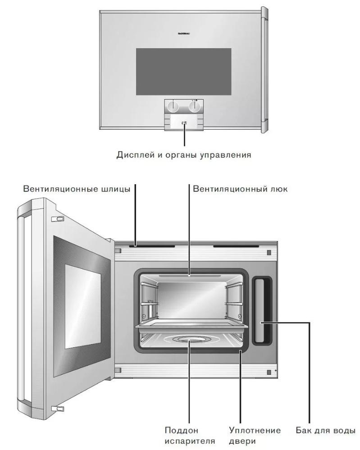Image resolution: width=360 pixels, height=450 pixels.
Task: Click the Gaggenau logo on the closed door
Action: [x=183, y=33]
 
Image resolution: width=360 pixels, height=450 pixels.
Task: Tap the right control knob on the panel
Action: [x=194, y=106]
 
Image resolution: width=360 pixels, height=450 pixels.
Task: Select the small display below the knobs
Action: [x=184, y=122]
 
